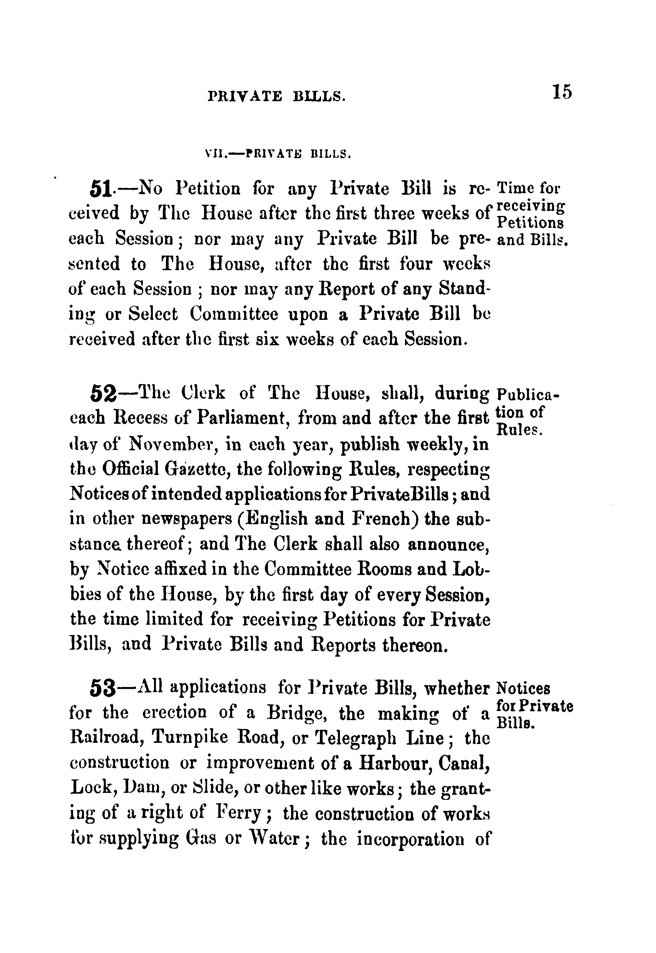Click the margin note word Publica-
528,395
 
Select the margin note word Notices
523,688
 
